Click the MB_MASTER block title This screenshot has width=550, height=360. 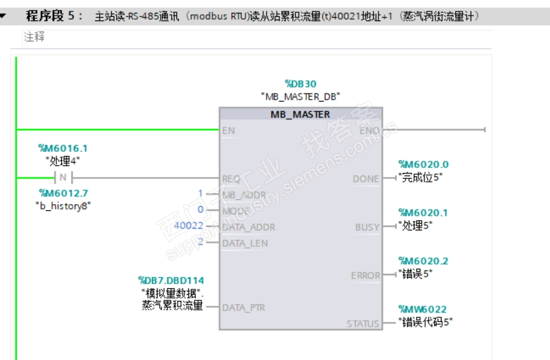300,114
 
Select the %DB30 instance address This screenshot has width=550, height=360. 300,84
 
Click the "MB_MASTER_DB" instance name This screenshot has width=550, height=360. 300,96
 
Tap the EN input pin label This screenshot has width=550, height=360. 229,130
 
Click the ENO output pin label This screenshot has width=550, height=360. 370,130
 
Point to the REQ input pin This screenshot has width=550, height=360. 231,179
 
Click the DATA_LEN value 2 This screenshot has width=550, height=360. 201,243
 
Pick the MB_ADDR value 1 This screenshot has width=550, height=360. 201,194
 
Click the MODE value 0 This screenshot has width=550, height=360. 201,210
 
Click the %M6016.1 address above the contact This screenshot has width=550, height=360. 63,148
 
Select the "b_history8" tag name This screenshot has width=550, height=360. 63,205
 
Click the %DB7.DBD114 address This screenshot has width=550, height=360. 171,281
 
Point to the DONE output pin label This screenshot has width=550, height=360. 366,179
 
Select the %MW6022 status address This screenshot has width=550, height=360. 423,310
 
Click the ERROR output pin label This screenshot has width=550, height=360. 365,276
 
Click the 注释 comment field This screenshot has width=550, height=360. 35,37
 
